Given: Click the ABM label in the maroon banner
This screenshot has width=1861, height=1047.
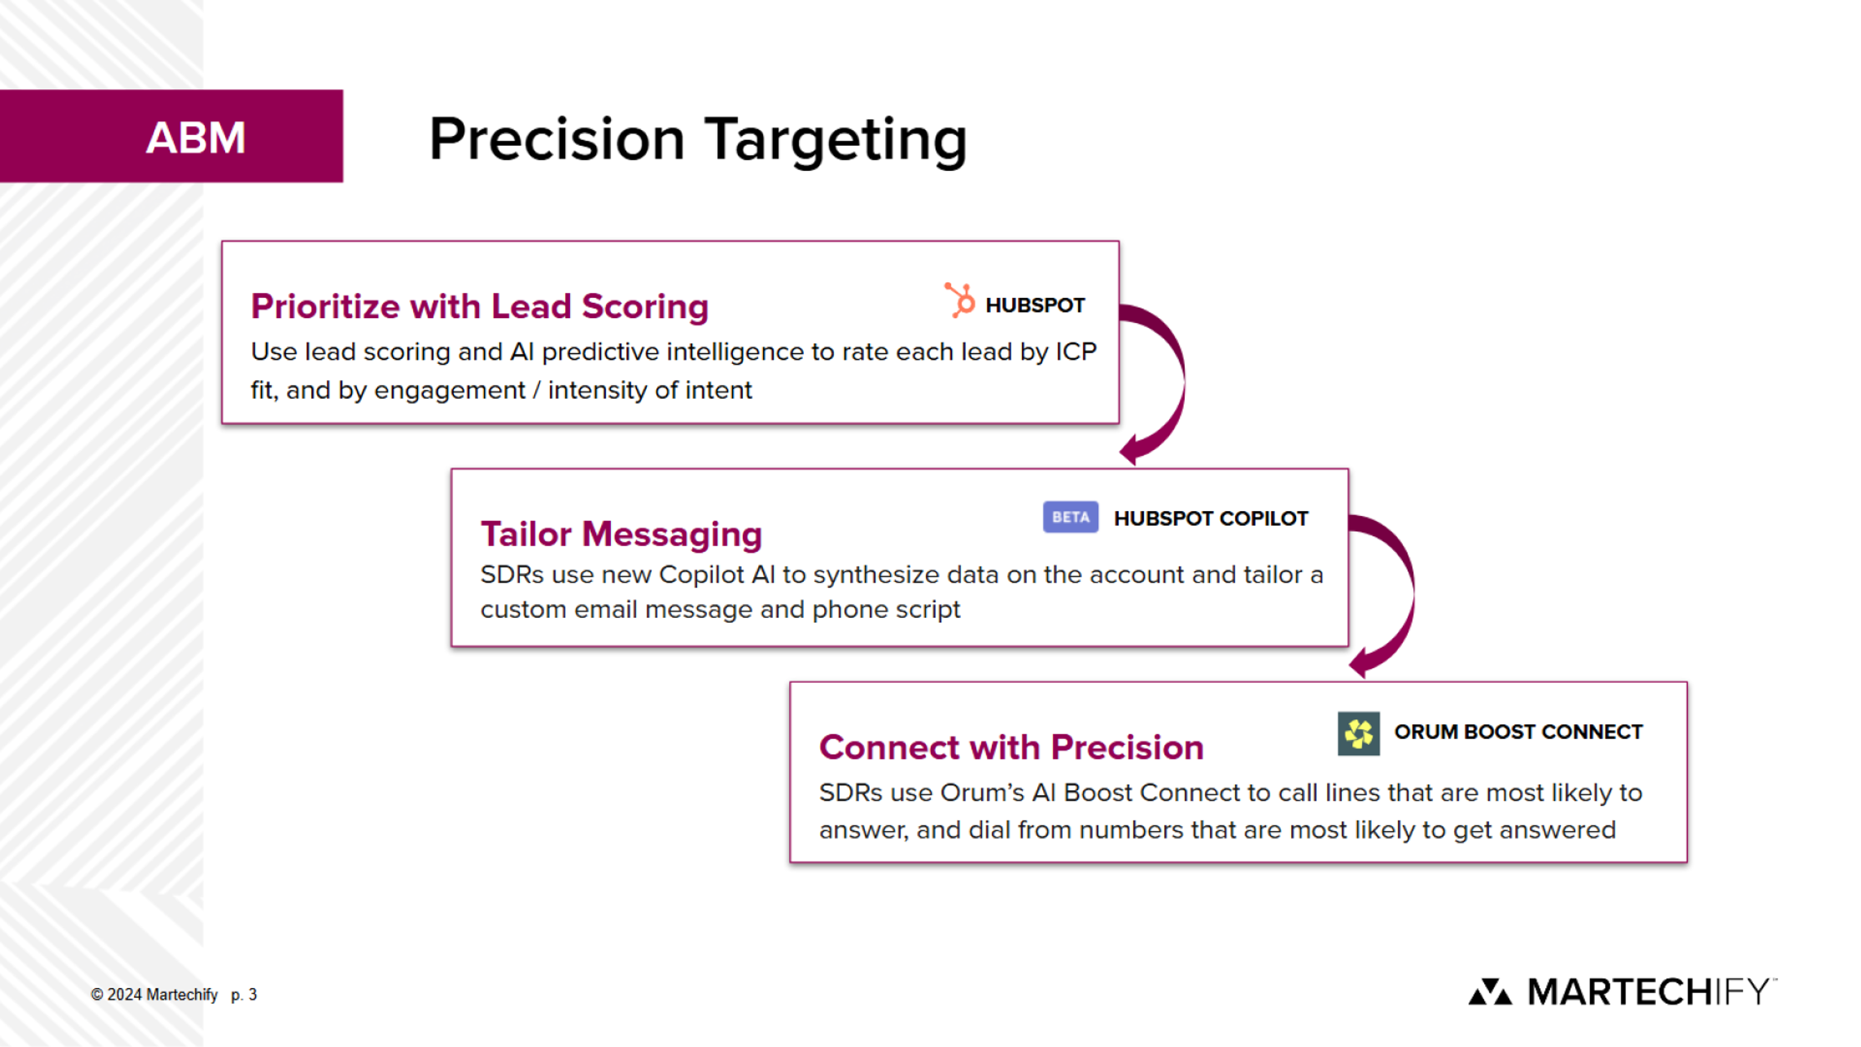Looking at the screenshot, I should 196,137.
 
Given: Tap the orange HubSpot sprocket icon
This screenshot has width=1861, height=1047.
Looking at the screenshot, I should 960,301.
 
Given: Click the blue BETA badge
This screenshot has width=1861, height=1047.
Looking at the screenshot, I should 1070,517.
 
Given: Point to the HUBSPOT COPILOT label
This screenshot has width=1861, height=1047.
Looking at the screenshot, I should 1211,519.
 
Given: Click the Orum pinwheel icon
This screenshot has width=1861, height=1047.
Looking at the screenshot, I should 1358,733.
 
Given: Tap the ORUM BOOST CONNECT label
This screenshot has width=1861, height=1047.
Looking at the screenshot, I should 1518,732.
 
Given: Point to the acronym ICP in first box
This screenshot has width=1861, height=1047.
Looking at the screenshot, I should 1076,352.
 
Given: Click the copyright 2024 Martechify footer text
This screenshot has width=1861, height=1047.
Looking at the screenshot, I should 154,995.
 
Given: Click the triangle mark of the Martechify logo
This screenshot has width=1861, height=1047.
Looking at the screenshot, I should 1490,992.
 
